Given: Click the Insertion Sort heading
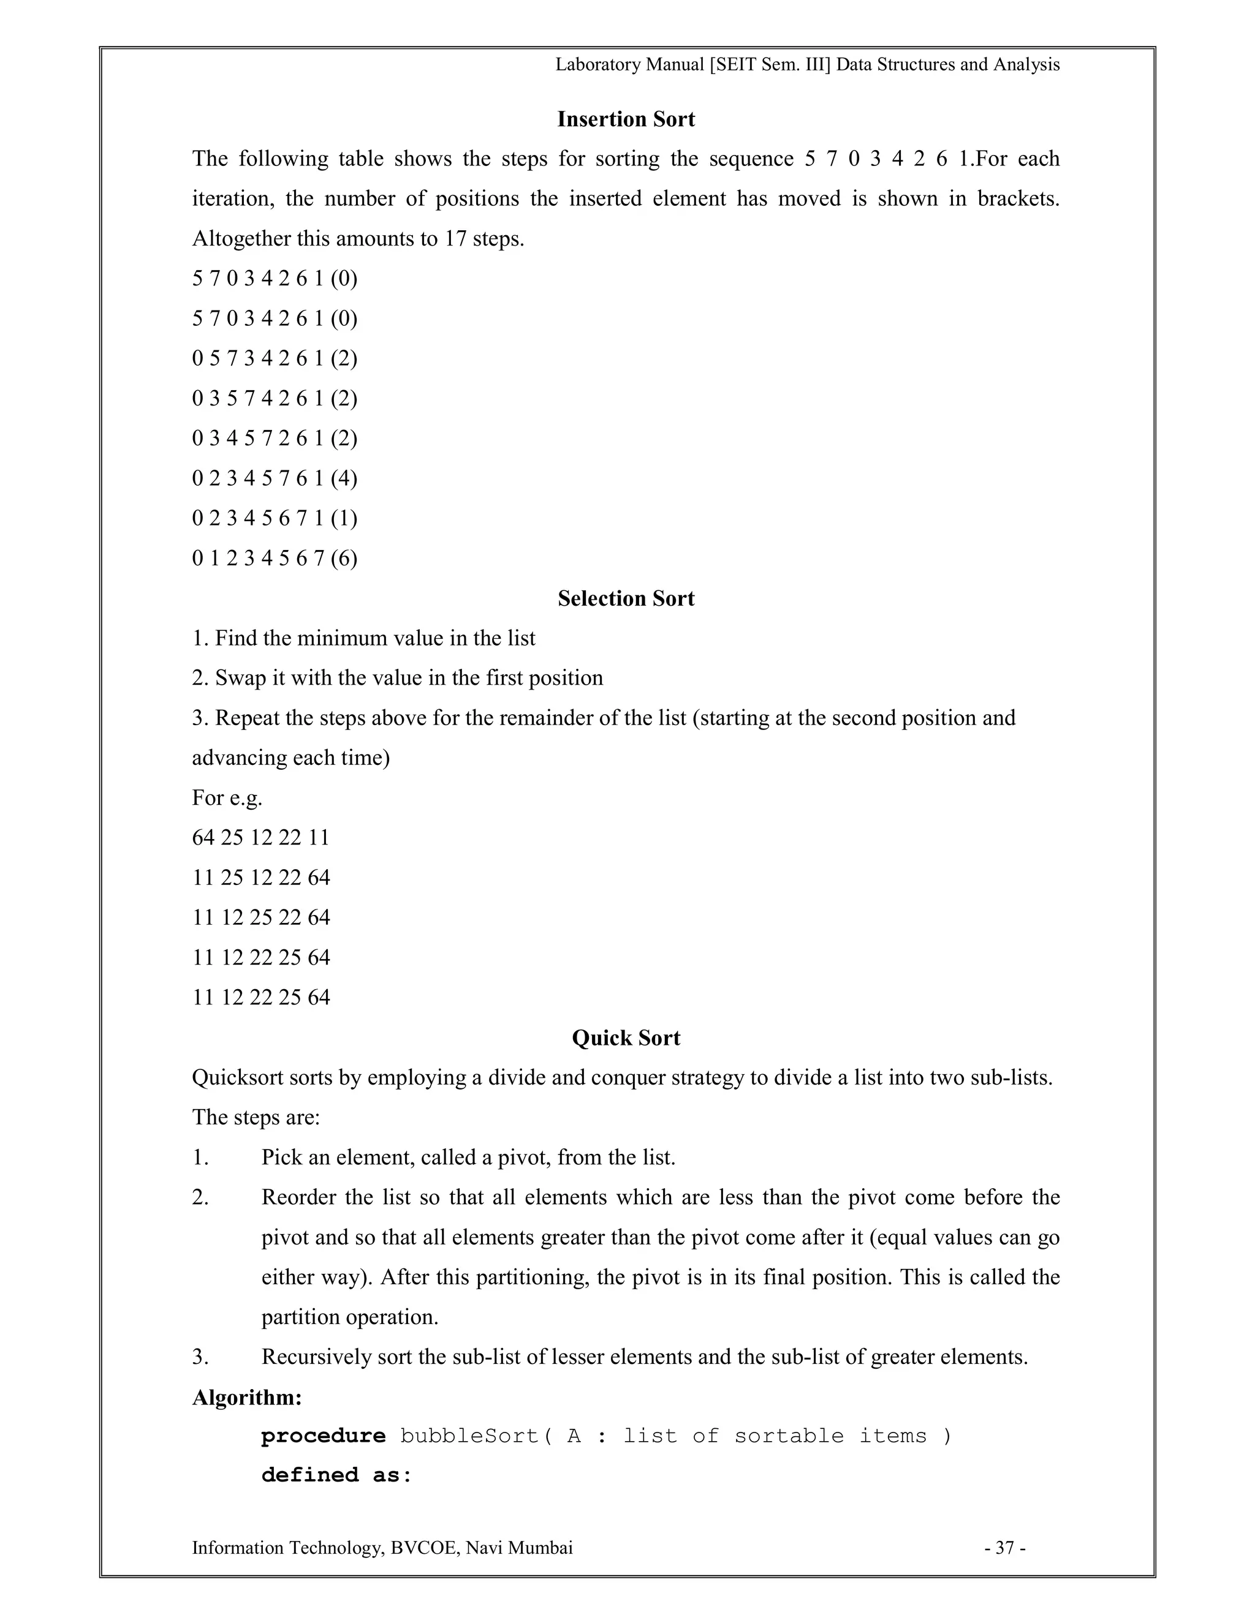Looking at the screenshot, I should (626, 119).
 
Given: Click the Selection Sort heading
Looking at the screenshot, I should (626, 599).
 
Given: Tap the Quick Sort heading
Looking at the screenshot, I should (626, 1038).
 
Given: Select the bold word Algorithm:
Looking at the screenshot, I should (247, 1398).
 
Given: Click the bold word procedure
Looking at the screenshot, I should (324, 1436).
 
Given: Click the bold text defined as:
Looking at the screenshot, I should (336, 1476).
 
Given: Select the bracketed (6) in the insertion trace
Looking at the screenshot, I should (344, 558).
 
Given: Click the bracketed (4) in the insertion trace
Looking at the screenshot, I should (344, 478).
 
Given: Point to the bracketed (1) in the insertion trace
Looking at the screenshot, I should (344, 518).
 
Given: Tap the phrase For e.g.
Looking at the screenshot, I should (227, 798).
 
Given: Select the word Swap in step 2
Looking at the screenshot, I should (233, 679).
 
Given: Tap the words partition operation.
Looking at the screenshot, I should (349, 1317).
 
